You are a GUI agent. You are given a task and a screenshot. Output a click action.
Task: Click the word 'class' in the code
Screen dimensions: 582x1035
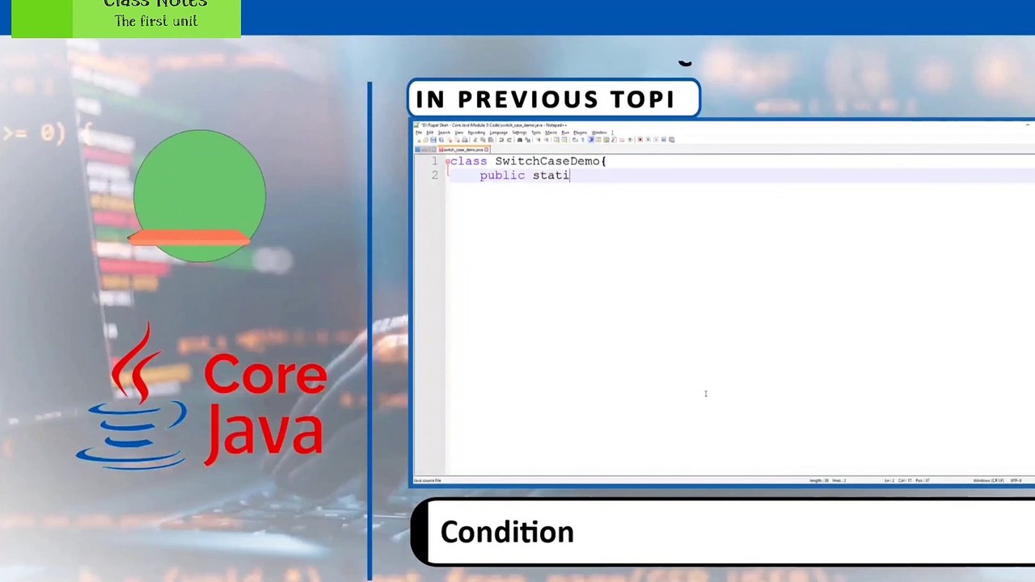tap(470, 161)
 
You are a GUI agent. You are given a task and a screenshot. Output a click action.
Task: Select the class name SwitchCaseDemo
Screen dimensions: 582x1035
tap(547, 161)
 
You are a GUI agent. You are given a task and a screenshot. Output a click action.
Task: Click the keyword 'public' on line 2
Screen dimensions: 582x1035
tap(502, 175)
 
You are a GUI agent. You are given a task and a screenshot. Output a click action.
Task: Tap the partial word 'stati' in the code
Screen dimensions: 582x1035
tap(551, 175)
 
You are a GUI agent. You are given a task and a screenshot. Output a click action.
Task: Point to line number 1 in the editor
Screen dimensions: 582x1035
tap(434, 161)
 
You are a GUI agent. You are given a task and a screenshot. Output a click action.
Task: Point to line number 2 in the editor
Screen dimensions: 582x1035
tap(434, 175)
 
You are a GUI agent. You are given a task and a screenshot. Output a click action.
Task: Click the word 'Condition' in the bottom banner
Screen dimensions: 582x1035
tap(507, 532)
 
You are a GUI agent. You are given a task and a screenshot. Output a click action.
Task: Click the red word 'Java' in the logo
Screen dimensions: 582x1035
tap(265, 432)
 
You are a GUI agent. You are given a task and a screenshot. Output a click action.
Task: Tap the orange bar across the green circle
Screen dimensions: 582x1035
tap(190, 237)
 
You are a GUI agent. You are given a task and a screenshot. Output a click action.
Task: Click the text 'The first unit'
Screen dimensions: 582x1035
tap(156, 21)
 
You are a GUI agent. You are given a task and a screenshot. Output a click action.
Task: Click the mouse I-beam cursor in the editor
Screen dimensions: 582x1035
tap(705, 394)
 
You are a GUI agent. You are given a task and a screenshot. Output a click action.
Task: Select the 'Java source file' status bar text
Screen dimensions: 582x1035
tap(428, 481)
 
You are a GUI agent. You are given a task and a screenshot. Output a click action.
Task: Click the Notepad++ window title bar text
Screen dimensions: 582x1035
tap(493, 125)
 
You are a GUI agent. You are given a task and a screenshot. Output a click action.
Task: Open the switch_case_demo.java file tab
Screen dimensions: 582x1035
tap(463, 150)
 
